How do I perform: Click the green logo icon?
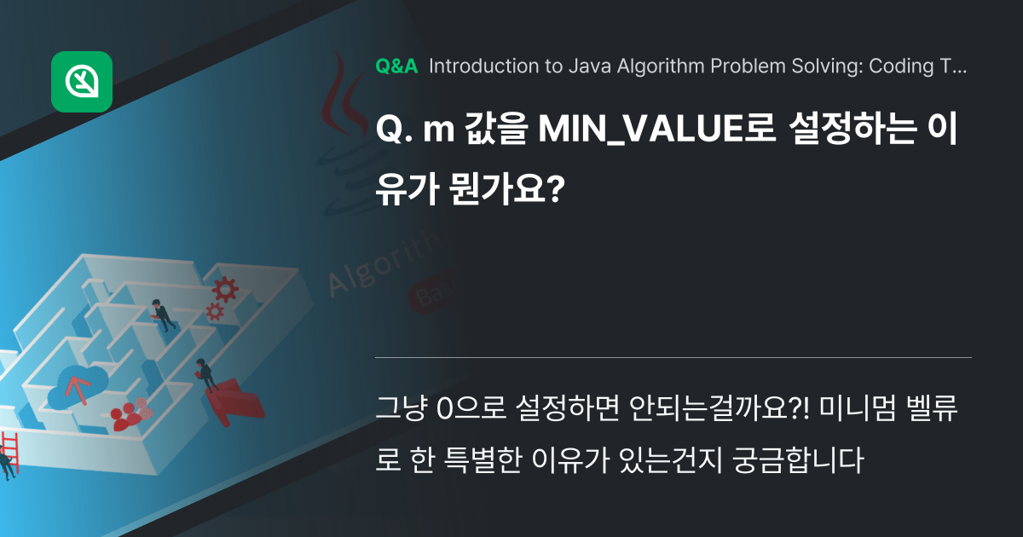tap(82, 82)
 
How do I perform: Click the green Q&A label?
tap(396, 66)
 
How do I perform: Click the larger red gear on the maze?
tap(226, 290)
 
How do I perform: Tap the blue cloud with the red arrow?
tap(77, 386)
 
